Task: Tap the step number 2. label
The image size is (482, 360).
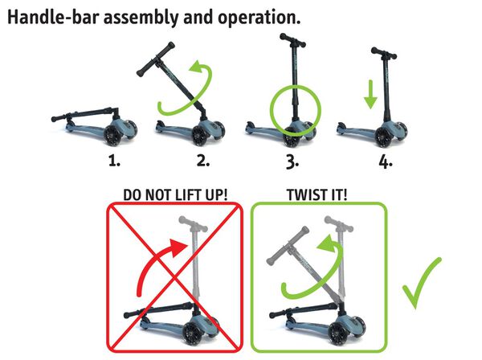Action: tap(203, 161)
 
